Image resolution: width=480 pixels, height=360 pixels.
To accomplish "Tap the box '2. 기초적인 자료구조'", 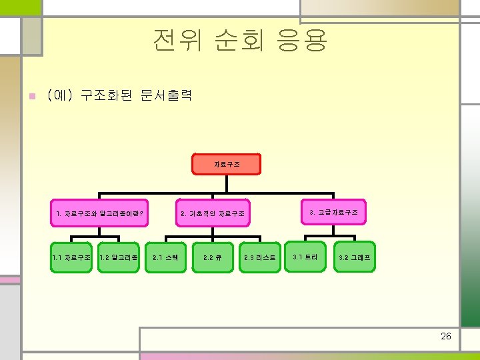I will (x=213, y=214).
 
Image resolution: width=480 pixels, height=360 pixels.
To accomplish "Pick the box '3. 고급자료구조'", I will (x=333, y=212).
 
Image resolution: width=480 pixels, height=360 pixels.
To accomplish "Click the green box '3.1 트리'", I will (x=306, y=257).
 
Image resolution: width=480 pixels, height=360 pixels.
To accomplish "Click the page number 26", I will (x=446, y=336).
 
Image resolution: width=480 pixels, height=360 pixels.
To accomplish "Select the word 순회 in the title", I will (x=237, y=41).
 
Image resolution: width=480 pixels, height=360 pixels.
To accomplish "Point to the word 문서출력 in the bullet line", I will (x=167, y=95).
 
